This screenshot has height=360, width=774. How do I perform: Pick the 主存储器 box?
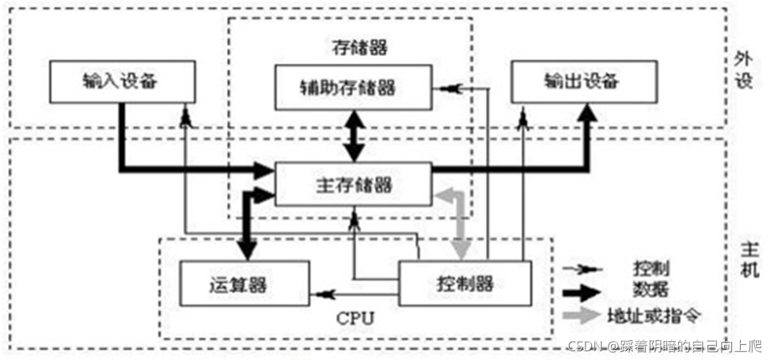point(351,184)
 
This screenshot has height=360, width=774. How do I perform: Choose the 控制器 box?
point(463,282)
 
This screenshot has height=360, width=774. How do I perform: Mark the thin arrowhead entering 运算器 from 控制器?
point(320,294)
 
